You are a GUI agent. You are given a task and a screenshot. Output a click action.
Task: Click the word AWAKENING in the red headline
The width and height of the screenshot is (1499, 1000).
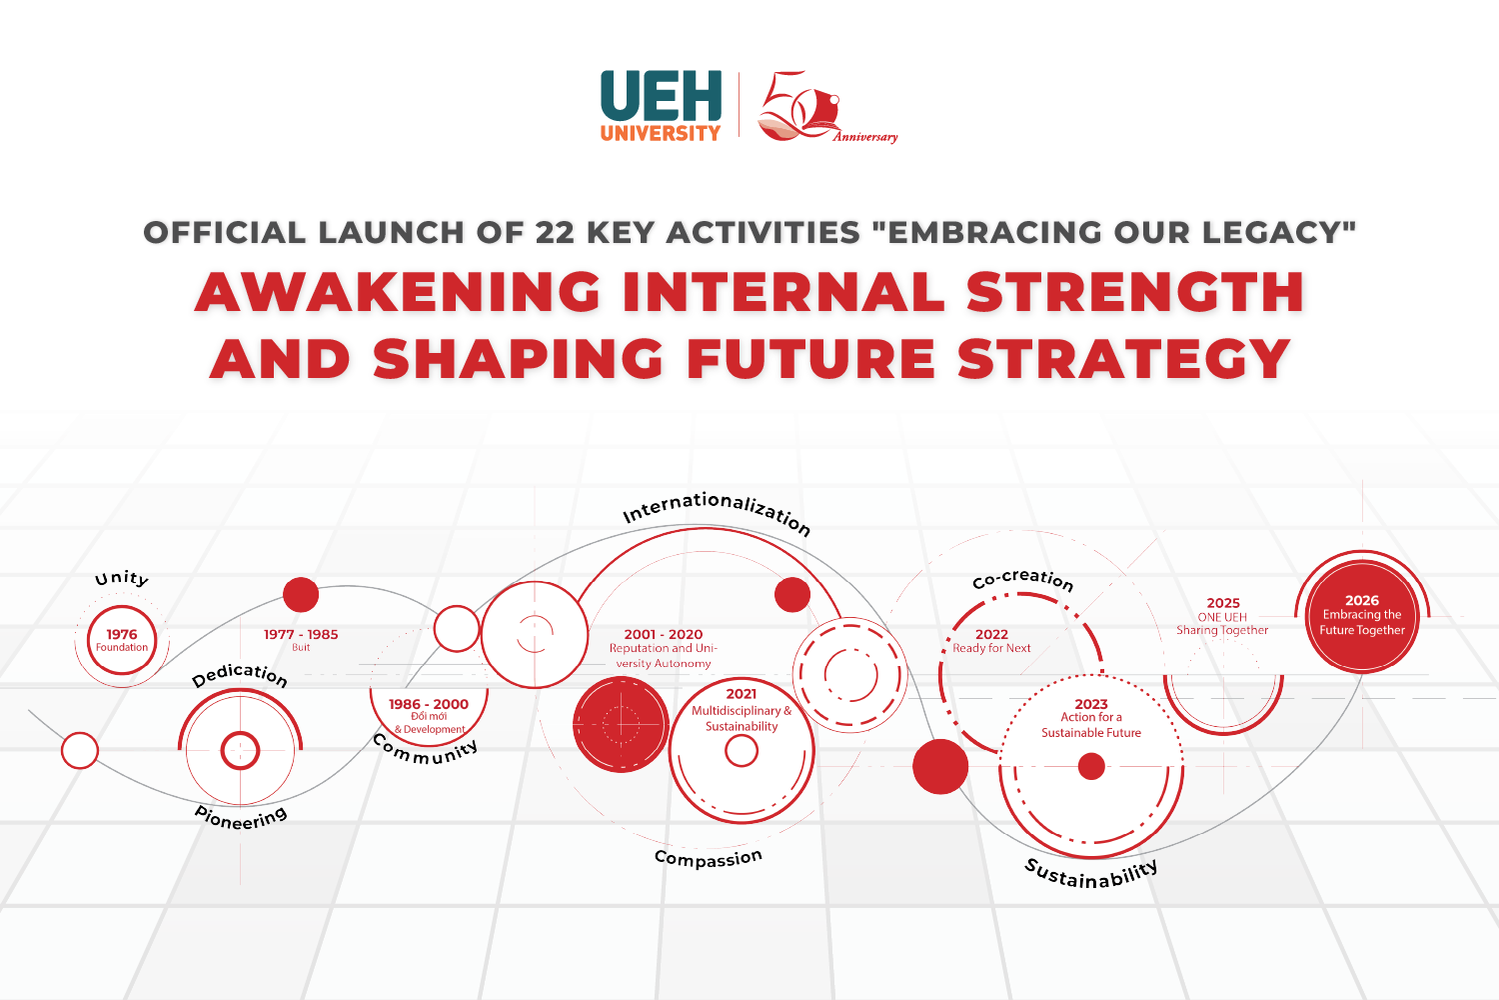(398, 292)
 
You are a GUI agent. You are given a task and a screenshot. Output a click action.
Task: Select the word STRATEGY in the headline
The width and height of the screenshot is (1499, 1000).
(1124, 359)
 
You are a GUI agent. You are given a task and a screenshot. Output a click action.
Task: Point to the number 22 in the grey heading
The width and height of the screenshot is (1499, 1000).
(555, 233)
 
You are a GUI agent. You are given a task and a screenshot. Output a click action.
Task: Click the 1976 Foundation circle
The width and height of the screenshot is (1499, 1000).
(122, 640)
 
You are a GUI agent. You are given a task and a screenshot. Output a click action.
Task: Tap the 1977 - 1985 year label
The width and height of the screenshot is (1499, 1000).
(301, 635)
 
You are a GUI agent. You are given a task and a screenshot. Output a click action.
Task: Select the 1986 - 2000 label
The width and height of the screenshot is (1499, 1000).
(429, 705)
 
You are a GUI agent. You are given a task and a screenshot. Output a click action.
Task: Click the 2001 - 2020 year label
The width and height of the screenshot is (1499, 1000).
(663, 635)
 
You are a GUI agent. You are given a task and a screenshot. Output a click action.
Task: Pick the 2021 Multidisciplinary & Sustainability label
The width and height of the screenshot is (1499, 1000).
(742, 710)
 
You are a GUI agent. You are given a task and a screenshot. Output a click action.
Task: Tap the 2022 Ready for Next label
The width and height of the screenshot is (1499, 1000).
(991, 641)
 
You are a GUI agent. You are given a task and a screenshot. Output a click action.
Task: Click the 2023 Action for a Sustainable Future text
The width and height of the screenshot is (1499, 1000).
(1091, 718)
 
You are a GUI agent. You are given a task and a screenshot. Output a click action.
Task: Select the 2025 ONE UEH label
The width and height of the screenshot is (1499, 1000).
(1222, 616)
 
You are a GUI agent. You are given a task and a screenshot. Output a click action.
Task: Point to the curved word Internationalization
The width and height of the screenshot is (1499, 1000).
(717, 510)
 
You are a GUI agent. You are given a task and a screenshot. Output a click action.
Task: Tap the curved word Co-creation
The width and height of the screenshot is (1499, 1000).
(1023, 579)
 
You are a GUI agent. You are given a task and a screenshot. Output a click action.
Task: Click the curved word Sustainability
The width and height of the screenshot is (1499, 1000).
(1091, 874)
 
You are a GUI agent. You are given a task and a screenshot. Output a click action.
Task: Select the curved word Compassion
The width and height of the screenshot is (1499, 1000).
(709, 858)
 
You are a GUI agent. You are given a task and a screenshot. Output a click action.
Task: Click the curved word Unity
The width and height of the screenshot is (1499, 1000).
(122, 578)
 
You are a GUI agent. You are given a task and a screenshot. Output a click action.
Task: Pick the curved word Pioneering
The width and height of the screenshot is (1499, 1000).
(241, 818)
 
